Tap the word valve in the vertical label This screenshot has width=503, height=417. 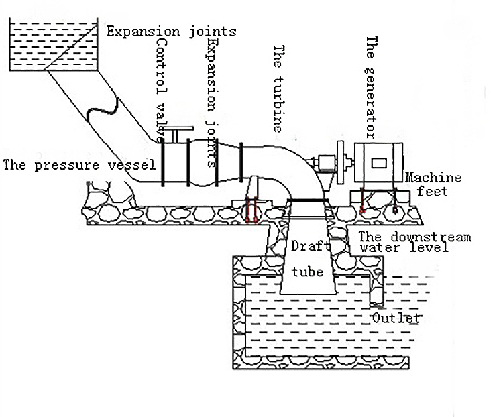pos(161,122)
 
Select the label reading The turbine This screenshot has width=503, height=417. pos(278,88)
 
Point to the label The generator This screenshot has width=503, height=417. pos(371,87)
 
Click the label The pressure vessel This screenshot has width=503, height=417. pos(79,165)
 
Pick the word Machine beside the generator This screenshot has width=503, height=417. pos(433,178)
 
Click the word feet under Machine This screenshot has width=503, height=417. pos(432,192)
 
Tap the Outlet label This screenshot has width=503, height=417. pos(396,318)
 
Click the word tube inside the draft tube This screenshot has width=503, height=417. pos(307,272)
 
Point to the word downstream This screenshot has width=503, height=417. pos(431,237)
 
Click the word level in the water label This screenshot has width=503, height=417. pos(429,247)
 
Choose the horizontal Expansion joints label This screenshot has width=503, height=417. pos(171,32)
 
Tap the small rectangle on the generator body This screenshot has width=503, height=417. pos(379,163)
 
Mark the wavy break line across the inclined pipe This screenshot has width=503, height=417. pos(103,108)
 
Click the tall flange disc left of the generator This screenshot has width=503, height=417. pos(340,162)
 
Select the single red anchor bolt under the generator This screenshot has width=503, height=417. pos(362,201)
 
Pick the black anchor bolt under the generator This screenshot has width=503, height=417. pos(395,201)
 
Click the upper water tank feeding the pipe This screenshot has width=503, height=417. pos(54,44)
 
